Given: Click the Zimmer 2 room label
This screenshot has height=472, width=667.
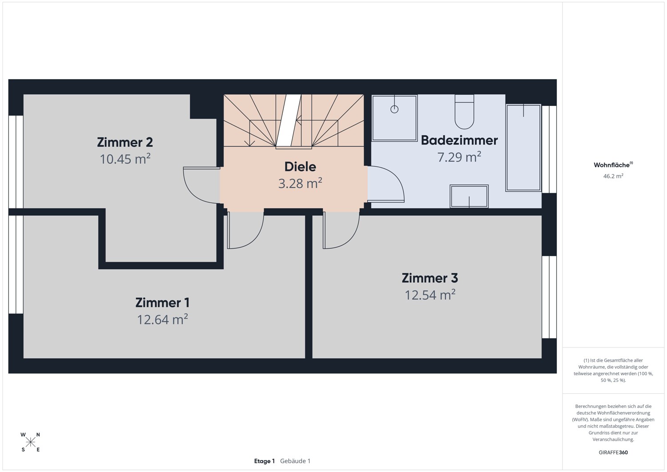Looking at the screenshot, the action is pos(125,142).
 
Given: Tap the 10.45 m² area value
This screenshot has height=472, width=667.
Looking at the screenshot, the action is pos(125,158).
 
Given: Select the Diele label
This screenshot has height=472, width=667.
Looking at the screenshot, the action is pos(300,166).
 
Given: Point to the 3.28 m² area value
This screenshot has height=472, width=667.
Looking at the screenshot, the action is pos(300,183).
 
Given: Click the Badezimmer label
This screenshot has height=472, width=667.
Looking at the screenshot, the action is pos(459,140).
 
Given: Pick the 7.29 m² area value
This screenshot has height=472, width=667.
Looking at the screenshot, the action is pos(459,157).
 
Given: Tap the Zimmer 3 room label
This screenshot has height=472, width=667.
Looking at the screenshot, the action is pos(430,278).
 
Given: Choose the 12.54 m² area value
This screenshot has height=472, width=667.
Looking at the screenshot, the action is pos(430,294).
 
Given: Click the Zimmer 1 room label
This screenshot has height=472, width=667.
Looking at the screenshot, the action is pos(162,303).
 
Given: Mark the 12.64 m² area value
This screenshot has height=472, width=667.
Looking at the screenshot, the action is pos(162,319).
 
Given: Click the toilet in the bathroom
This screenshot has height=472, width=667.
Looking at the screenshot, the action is pos(464,112).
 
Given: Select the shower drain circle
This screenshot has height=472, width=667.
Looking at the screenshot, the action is pos(394,109).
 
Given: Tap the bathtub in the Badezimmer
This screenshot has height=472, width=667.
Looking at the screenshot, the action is pos(523,148).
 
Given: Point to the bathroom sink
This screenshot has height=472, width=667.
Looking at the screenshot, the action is pos(469,196).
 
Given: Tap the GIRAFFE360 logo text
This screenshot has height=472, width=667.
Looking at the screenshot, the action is pos(613,452).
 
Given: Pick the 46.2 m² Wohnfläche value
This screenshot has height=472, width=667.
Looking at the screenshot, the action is pos(613,176).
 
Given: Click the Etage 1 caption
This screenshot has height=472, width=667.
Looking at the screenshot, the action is pos(265,461).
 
